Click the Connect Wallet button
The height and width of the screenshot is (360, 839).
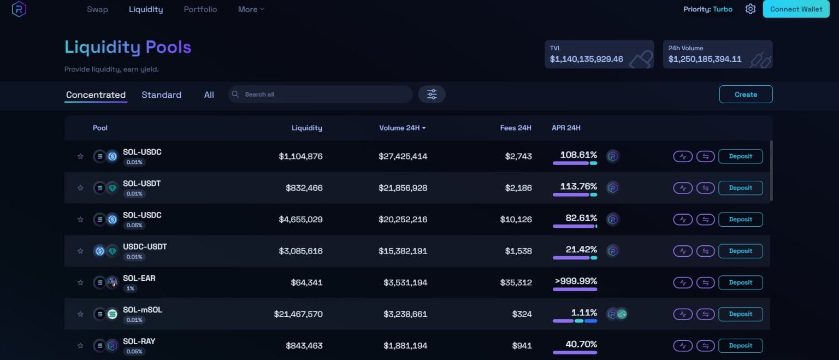[x=796, y=9]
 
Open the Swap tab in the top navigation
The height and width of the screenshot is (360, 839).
[x=97, y=9]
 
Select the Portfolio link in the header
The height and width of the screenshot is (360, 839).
[x=200, y=9]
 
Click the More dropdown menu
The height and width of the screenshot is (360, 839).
[x=251, y=9]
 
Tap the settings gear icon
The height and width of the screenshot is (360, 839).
[x=751, y=9]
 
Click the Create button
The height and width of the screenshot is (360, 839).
[x=746, y=95]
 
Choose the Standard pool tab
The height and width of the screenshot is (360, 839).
[x=161, y=95]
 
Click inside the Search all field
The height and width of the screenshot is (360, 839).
[x=322, y=95]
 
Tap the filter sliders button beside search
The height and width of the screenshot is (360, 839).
[x=432, y=95]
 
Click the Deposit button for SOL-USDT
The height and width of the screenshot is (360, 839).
[x=740, y=188]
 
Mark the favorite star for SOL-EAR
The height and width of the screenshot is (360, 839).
[x=80, y=283]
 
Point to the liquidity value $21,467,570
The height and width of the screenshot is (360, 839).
[x=298, y=314]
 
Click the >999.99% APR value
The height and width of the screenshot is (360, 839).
[x=576, y=281]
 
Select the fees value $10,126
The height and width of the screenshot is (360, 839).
[x=515, y=220]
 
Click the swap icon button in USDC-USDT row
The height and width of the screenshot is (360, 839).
[x=705, y=251]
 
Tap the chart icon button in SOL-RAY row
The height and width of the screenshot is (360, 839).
[x=682, y=346]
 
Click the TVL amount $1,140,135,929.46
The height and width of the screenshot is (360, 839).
[x=586, y=59]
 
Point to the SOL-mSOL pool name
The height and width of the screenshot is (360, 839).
[x=142, y=310]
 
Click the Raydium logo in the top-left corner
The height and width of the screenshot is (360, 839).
[x=19, y=9]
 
